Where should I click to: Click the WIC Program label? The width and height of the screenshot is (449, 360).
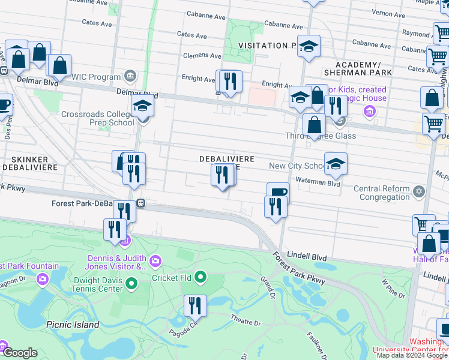(x=97, y=77)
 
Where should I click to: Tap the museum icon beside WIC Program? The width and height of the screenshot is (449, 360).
(x=130, y=76)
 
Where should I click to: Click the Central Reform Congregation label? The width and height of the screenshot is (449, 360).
(x=381, y=193)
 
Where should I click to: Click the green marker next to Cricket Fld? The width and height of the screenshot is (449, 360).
(x=201, y=277)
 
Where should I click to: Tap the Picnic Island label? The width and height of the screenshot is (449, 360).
(x=73, y=325)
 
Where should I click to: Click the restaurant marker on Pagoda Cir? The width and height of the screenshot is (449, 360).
(x=195, y=305)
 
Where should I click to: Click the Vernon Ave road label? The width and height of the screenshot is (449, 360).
(x=406, y=13)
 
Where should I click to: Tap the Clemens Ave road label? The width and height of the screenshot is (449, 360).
(x=202, y=56)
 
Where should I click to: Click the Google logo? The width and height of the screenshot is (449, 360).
(x=20, y=353)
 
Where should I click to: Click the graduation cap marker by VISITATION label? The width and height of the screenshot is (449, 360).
(x=309, y=46)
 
